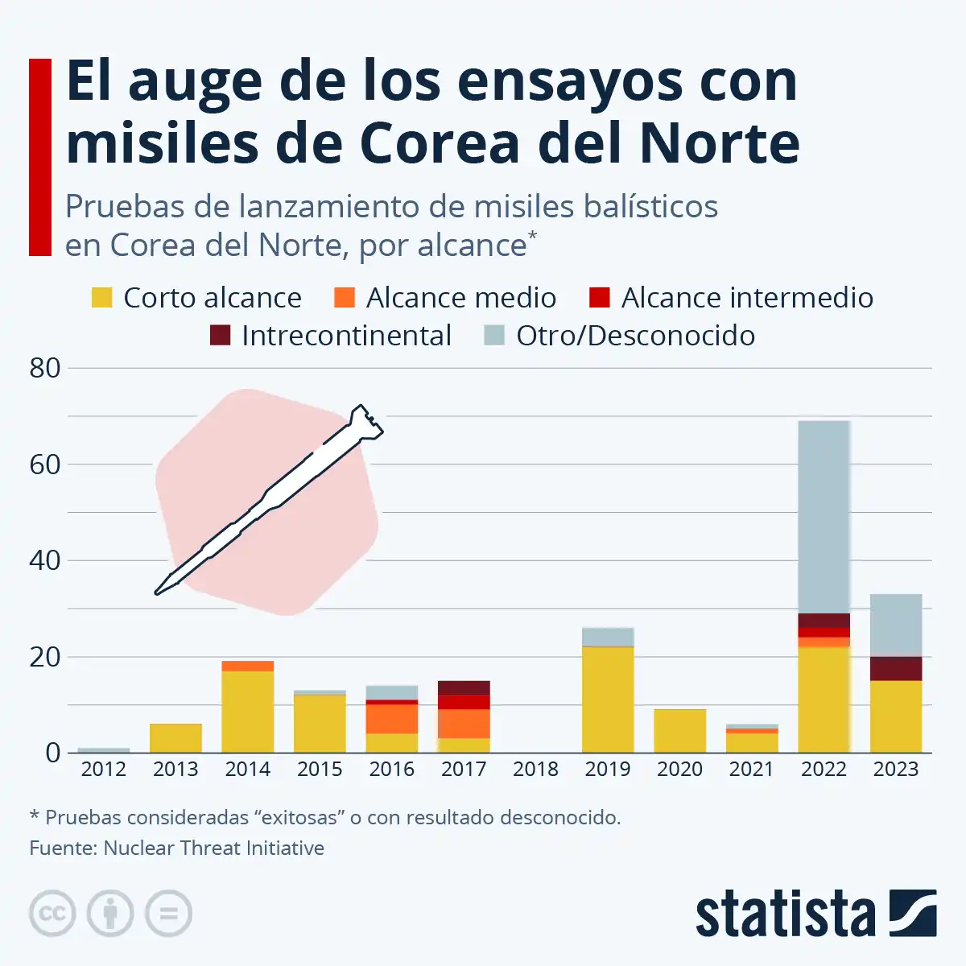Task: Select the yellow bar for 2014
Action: tap(247, 712)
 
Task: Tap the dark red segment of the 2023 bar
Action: tap(896, 668)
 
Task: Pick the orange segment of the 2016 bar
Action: tap(392, 718)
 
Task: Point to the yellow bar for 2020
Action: tap(679, 731)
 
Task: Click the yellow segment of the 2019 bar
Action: tap(608, 700)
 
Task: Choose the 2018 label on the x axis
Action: tap(535, 770)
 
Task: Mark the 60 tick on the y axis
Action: tap(45, 464)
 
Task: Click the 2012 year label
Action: tap(103, 770)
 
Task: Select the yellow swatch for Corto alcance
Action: tap(102, 297)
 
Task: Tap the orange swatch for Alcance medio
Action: tap(344, 297)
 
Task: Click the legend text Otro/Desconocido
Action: tap(635, 336)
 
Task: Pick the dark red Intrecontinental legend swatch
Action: tap(220, 335)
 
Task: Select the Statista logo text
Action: tap(785, 914)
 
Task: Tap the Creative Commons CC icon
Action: tap(52, 914)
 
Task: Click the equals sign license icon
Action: tap(168, 914)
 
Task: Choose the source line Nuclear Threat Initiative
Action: tap(177, 848)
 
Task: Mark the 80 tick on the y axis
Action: tap(45, 369)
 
